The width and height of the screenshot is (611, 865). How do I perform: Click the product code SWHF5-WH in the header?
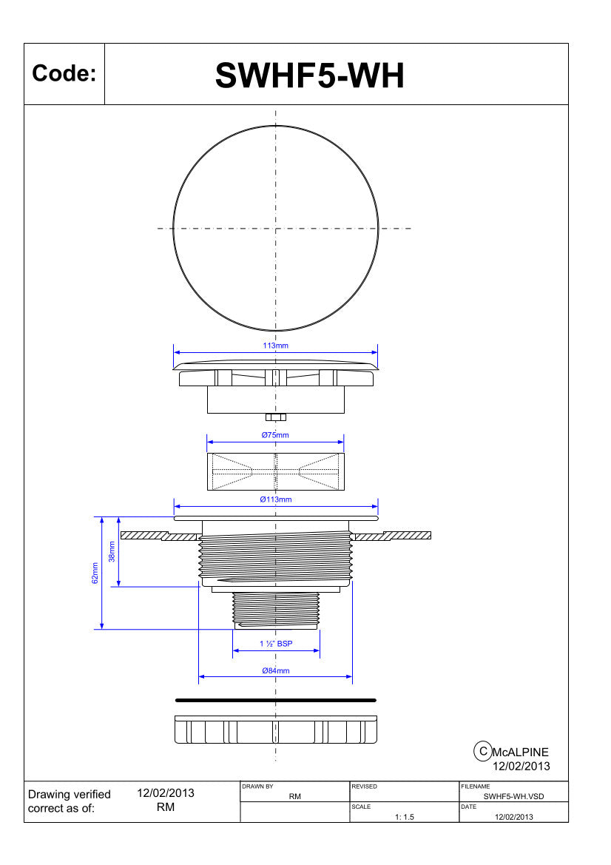coord(309,75)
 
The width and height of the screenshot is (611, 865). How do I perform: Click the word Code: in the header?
coord(64,73)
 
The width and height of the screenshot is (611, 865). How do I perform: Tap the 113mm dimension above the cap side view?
coord(276,346)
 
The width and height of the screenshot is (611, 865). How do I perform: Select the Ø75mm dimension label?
coord(275,434)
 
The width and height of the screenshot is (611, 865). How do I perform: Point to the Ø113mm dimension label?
coord(276,499)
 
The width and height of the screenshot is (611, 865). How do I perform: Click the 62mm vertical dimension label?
coord(95,573)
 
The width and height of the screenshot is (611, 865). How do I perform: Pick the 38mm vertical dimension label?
coord(112,552)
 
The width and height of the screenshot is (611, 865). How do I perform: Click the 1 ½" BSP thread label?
coord(276,643)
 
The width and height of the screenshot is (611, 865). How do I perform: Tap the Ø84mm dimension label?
coord(276,671)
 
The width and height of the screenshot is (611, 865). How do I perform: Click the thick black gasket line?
coord(276,700)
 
